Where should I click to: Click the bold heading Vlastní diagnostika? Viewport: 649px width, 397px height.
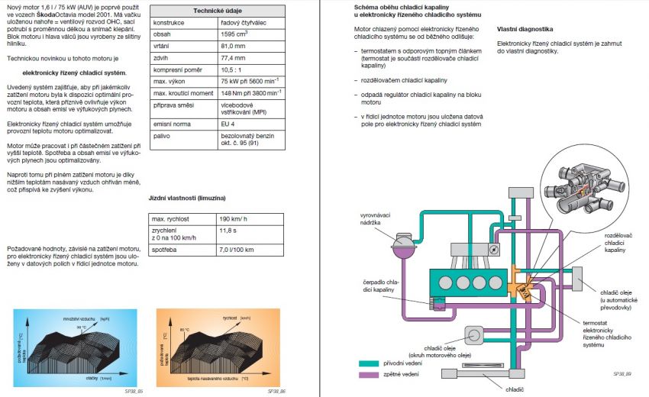tap(525, 29)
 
